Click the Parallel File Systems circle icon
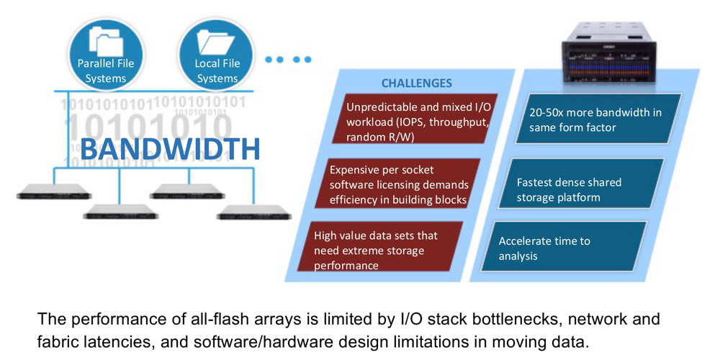click(x=105, y=54)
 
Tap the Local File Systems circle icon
click(x=217, y=54)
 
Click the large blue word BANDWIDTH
click(x=170, y=149)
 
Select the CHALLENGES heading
click(x=416, y=83)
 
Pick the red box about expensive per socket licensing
click(x=399, y=185)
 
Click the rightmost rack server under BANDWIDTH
click(x=254, y=212)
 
